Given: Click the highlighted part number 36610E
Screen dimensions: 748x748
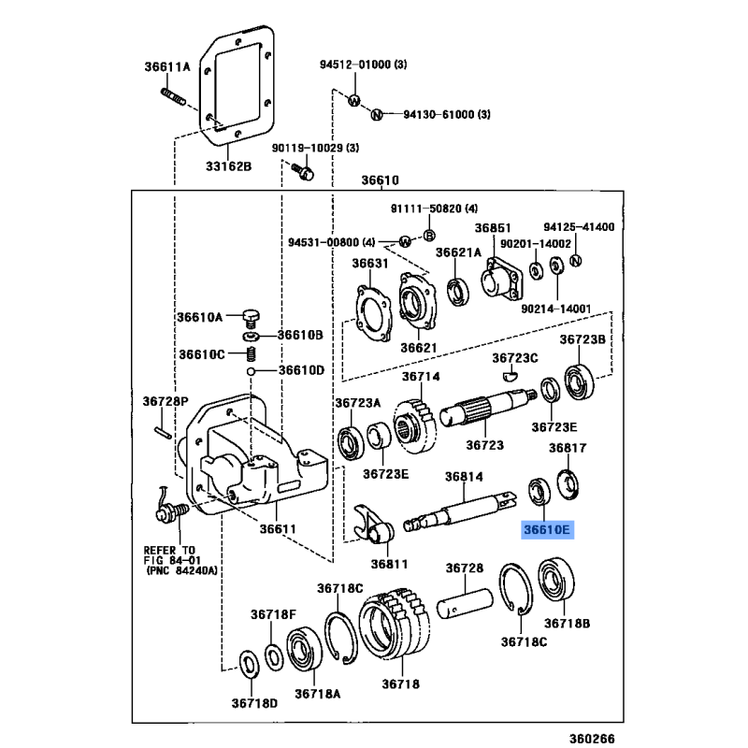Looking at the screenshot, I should [547, 530].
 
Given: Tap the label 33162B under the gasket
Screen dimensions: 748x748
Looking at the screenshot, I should [229, 166].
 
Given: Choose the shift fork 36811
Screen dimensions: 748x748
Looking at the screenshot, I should [375, 528].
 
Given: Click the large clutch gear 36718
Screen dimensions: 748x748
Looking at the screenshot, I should [393, 627].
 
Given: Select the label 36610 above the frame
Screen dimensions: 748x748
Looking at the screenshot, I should [381, 180].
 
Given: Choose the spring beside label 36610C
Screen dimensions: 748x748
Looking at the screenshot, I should [251, 354].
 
